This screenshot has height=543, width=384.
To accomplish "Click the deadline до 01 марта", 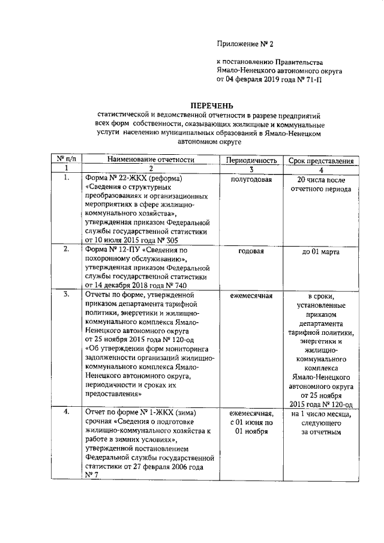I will pyautogui.click(x=321, y=251).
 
